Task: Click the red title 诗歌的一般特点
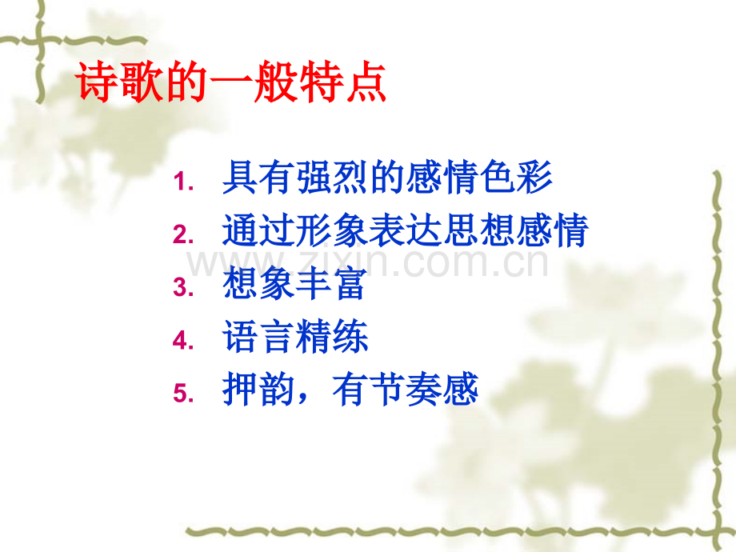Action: tap(232, 83)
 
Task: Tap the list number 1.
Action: tap(183, 183)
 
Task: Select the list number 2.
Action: tap(183, 235)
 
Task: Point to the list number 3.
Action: tap(183, 288)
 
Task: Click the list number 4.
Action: tap(183, 341)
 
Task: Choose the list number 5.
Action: tap(183, 394)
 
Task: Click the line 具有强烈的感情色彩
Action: tap(387, 178)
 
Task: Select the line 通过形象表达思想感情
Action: tap(406, 231)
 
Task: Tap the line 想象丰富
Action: tap(295, 284)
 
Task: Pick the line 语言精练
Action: tap(295, 337)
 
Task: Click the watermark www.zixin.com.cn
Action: tap(368, 262)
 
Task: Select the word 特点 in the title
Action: tap(349, 83)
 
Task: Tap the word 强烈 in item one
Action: tap(332, 178)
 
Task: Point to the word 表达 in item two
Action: tap(406, 231)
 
